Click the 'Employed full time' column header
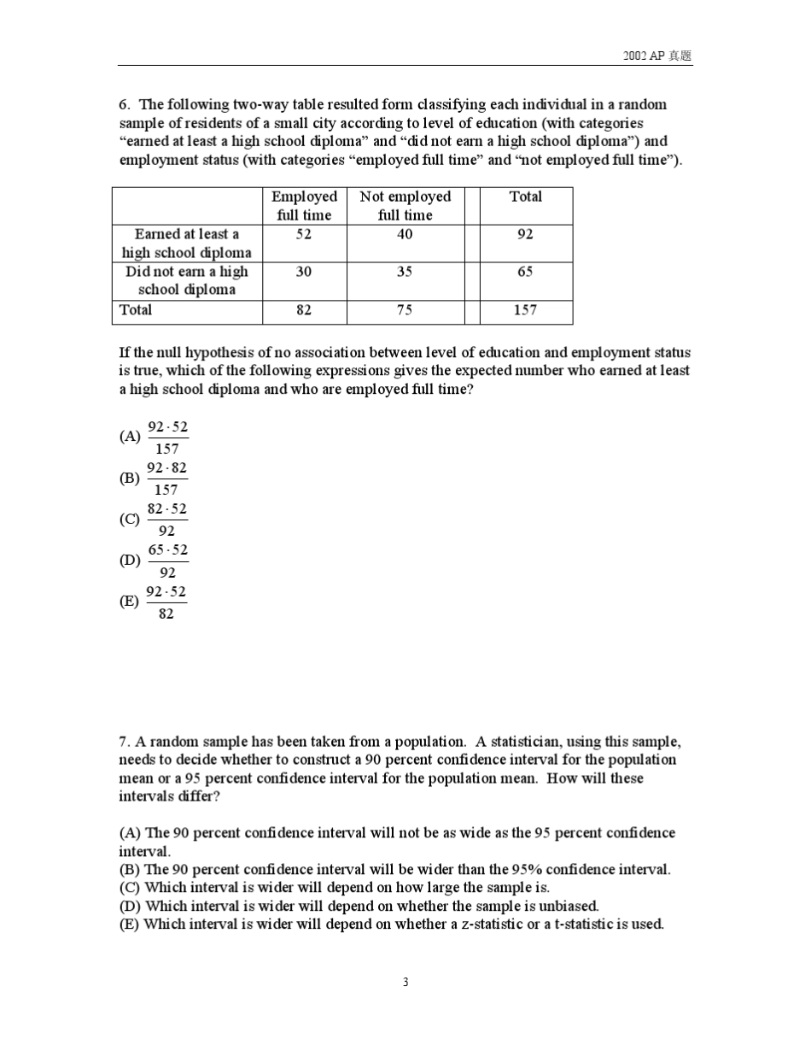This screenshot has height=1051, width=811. [x=304, y=206]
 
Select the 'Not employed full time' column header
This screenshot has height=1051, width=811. [x=405, y=206]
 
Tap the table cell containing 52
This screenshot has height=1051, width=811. [x=304, y=234]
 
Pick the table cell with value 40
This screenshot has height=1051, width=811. [x=405, y=234]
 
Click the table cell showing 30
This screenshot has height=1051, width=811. [x=304, y=272]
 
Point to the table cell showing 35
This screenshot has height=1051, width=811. [x=405, y=272]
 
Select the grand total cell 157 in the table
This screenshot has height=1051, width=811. [x=525, y=310]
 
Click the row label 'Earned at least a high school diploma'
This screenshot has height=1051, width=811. [x=186, y=244]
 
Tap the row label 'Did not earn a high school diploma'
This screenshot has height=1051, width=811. [x=186, y=280]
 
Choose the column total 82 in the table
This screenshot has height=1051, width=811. [x=304, y=310]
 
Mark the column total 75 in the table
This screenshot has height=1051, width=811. [x=405, y=310]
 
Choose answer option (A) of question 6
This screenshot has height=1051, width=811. [x=155, y=437]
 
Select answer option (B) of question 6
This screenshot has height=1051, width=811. [x=155, y=479]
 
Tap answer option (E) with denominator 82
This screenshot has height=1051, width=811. [x=155, y=602]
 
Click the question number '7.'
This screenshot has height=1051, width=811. [x=125, y=742]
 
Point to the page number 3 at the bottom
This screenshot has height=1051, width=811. [x=405, y=983]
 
